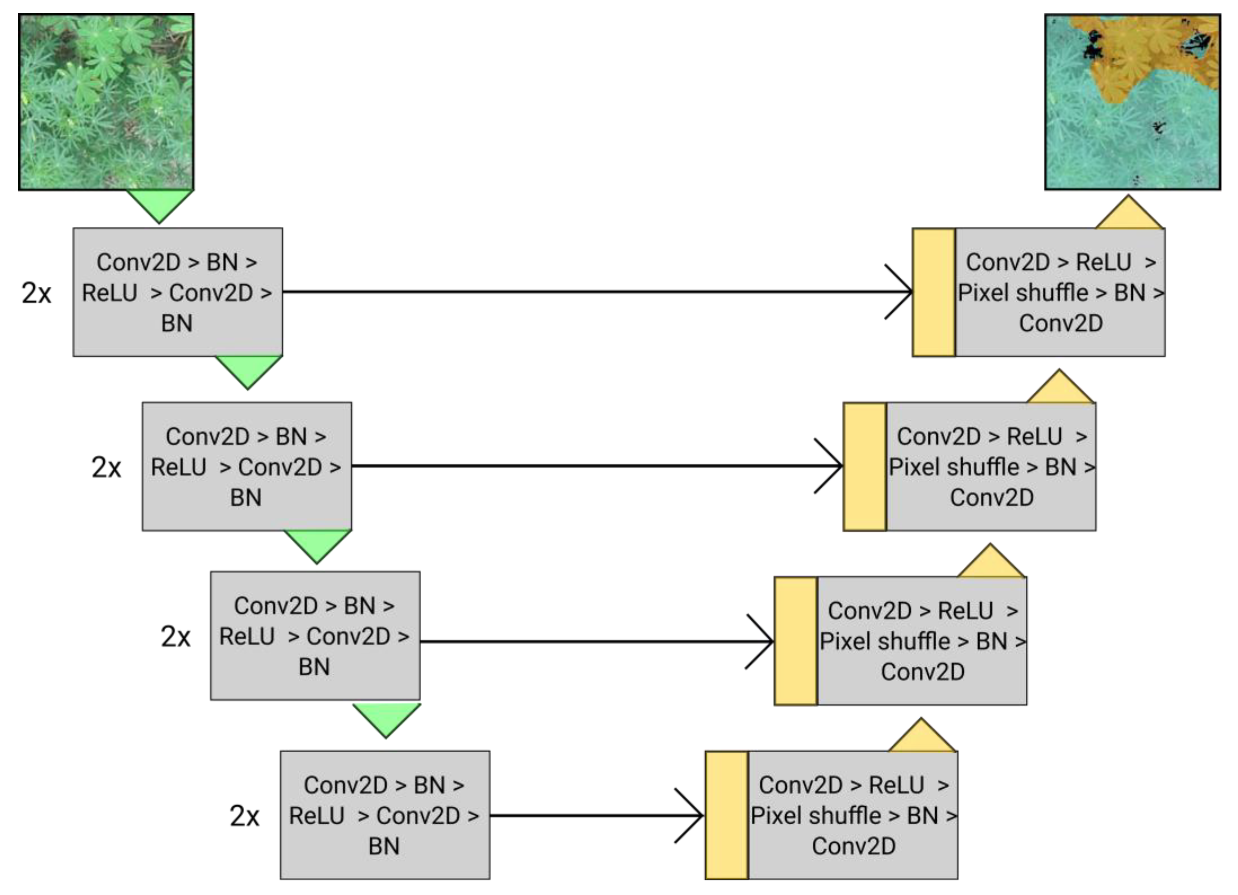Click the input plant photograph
point(106,102)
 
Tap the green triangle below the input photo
point(159,205)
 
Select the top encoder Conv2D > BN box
point(177,292)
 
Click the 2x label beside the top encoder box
point(36,293)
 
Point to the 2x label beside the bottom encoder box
point(244,816)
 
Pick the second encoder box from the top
point(247,467)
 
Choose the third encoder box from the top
point(315,636)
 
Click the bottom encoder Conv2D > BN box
point(385,815)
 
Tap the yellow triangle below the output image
point(1129,216)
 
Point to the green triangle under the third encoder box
point(386,718)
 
